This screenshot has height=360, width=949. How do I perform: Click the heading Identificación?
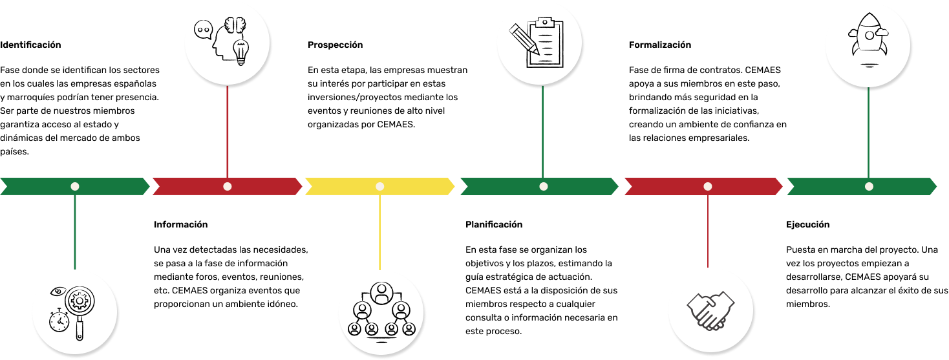30,45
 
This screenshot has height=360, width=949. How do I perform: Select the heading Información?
180,224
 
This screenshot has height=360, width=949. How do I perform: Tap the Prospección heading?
335,45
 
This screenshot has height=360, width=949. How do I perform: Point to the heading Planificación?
493,224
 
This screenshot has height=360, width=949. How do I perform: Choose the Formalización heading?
659,45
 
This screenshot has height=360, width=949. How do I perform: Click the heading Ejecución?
807,224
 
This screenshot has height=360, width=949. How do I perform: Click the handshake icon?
710,310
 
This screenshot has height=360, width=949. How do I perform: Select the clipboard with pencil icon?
537,43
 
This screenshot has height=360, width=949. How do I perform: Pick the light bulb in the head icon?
240,52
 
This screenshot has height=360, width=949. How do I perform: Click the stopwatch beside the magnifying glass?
59,321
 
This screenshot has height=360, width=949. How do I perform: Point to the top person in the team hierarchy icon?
381,293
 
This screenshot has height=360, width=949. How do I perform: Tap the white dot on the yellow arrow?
379,186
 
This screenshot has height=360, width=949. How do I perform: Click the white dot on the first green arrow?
75,186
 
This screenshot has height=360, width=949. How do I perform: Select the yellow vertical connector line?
379,232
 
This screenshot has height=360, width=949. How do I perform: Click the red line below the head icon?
228,132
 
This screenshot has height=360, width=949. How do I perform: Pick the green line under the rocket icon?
868,132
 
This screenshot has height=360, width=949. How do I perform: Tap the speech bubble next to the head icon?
203,30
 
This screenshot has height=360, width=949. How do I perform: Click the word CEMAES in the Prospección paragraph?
395,125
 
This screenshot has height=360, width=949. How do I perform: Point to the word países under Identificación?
14,152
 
